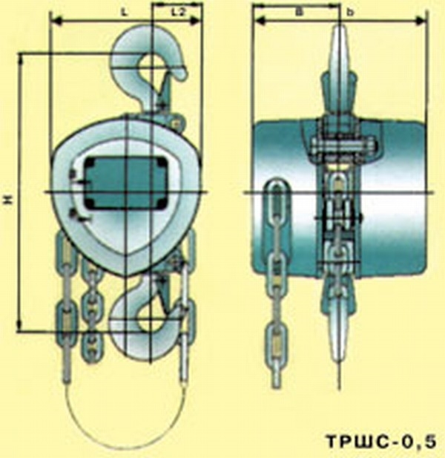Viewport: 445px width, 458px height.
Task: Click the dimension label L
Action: (x=125, y=13)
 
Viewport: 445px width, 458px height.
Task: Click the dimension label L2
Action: (x=178, y=13)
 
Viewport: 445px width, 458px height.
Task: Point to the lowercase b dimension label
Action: (x=351, y=13)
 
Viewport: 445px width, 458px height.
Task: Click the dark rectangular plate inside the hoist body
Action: (x=126, y=183)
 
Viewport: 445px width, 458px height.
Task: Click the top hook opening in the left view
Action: (x=151, y=68)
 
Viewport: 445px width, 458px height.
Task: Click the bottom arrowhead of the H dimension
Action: (x=20, y=325)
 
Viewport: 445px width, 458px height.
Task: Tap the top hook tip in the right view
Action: (x=340, y=29)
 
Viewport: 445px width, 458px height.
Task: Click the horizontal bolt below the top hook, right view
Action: (x=343, y=145)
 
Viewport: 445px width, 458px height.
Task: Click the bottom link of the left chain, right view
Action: (x=276, y=342)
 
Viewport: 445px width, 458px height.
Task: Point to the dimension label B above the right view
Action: (x=298, y=13)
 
